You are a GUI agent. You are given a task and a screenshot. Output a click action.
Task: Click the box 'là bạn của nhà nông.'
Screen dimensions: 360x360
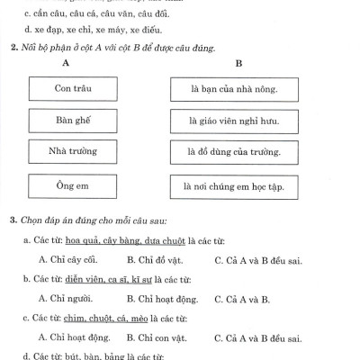coord(234,89)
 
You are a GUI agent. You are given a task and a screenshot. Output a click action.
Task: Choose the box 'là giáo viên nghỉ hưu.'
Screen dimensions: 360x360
coord(234,121)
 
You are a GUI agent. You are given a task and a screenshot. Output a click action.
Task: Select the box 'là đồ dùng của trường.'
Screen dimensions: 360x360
coord(234,152)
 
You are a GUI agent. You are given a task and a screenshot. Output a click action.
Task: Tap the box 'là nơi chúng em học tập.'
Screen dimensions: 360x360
coord(234,185)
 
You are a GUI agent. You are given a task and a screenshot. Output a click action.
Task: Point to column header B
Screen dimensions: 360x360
coord(238,64)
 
